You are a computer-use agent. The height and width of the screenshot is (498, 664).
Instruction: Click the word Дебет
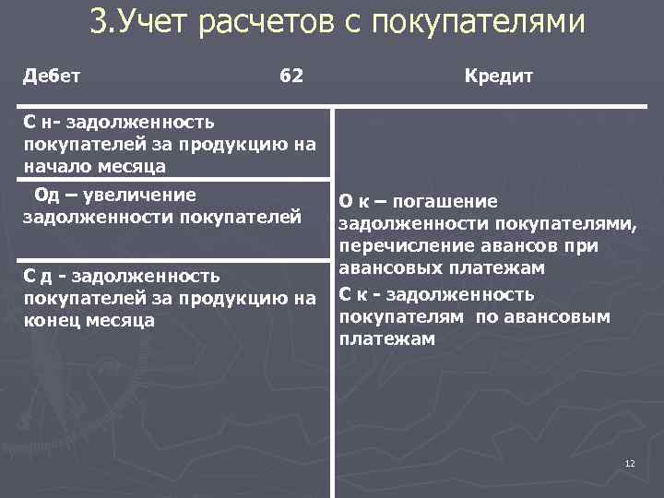click(52, 76)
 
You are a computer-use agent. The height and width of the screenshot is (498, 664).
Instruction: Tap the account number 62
click(290, 76)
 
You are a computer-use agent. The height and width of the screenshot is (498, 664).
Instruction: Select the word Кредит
click(499, 76)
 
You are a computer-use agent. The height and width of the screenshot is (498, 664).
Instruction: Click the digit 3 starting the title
click(97, 20)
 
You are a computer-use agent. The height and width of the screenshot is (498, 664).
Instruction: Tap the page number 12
click(630, 463)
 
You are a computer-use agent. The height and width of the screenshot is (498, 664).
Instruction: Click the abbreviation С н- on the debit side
click(42, 121)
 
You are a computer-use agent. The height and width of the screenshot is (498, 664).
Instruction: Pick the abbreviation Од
click(47, 195)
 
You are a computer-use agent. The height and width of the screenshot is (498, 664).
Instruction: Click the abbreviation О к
click(356, 202)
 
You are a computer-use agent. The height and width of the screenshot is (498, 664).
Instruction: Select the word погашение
click(449, 202)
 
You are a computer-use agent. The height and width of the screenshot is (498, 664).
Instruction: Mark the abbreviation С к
click(354, 294)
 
